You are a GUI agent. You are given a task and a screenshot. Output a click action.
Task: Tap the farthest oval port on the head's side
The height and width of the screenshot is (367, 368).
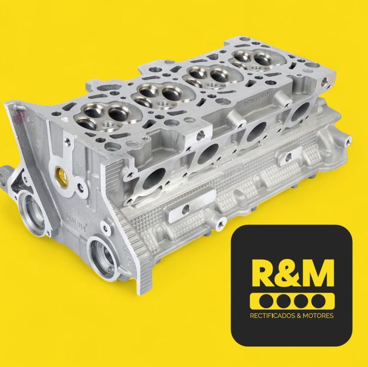(x=298, y=113)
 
